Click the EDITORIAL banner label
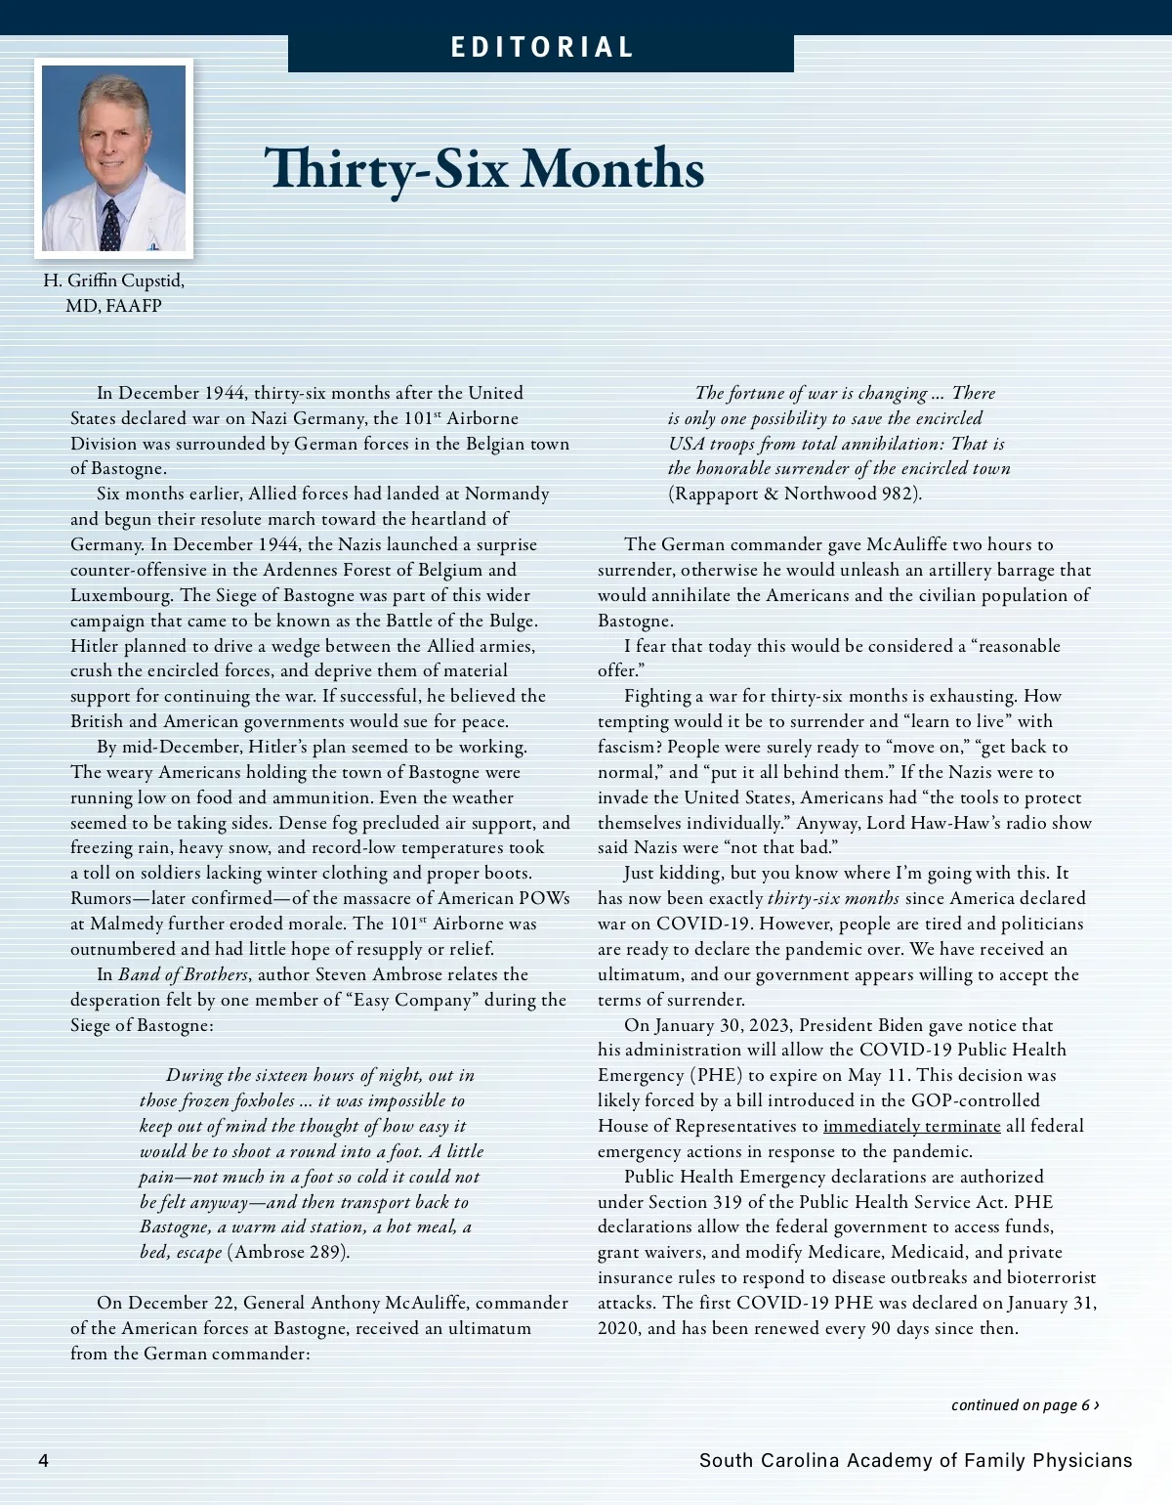(542, 47)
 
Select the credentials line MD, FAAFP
(113, 306)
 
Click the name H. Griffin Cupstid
(113, 281)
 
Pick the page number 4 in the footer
(43, 1461)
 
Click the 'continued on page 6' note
(1025, 1405)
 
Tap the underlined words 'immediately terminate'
(912, 1126)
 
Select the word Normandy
(507, 494)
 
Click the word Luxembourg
(122, 595)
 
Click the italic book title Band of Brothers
(183, 974)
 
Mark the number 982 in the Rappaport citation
(899, 494)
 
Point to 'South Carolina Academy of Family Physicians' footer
(915, 1461)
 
